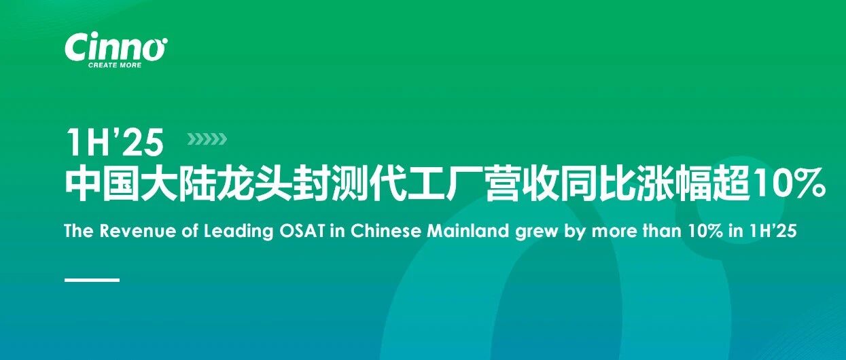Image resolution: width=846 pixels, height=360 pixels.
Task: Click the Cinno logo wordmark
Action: pos(116,47)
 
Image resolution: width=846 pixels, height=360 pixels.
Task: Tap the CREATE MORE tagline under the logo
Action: pos(115,65)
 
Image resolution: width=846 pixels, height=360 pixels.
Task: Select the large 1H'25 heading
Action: pos(114,142)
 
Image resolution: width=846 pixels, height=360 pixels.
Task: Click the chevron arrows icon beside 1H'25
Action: pos(207,139)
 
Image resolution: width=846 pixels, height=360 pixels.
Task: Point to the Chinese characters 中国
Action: pos(103,185)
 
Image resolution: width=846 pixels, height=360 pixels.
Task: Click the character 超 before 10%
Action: pos(730,185)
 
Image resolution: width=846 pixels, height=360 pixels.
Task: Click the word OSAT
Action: pos(302,231)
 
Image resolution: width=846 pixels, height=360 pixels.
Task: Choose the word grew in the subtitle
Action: pos(536,232)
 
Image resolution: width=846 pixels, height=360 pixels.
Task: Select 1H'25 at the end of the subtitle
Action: pos(773,231)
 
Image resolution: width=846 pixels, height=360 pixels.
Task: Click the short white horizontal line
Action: pos(92,280)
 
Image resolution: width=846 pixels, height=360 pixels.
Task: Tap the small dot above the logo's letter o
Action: pos(164,40)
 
